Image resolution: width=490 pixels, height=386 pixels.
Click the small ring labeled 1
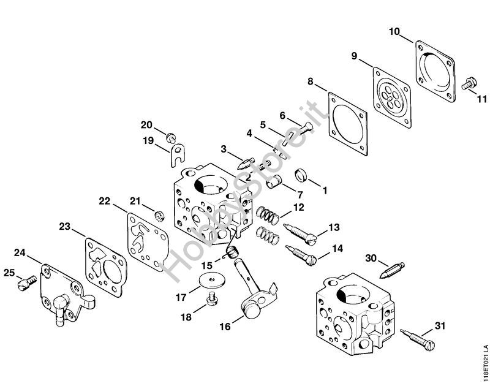(x=301, y=175)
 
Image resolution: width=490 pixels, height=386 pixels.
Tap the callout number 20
(x=146, y=125)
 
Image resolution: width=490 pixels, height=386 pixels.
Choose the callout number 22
(x=105, y=200)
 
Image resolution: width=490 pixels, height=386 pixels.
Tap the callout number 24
(x=20, y=252)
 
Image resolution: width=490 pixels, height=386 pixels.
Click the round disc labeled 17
(x=211, y=281)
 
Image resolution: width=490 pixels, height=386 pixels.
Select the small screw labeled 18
(x=212, y=299)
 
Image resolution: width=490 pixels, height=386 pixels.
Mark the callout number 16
(x=225, y=327)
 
